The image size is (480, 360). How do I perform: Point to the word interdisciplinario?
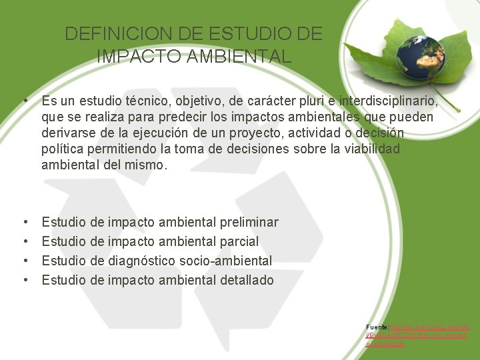(389, 102)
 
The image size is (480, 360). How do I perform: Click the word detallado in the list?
(247, 280)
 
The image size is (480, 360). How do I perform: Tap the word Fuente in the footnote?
(376, 327)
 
